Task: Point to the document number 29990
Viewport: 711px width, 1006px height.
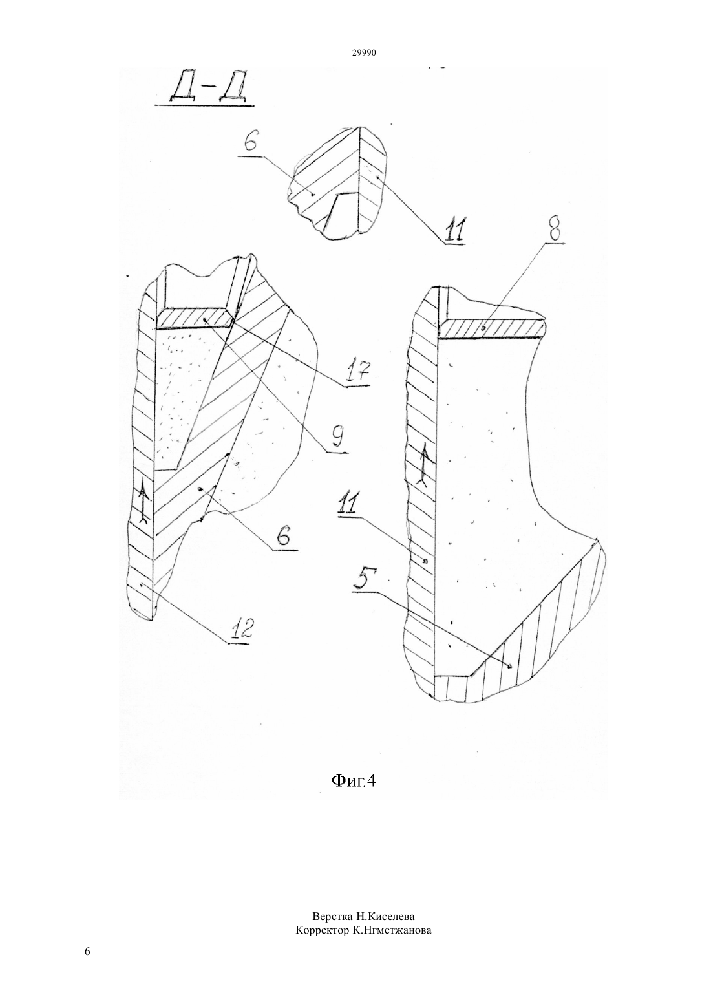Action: [363, 53]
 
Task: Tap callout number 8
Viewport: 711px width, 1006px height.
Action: [555, 228]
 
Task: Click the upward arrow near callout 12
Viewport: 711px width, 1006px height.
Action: [143, 505]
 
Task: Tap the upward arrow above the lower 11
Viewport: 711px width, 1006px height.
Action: [423, 468]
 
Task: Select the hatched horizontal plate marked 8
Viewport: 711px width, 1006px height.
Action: [493, 328]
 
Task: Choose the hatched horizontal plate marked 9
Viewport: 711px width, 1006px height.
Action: [195, 319]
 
